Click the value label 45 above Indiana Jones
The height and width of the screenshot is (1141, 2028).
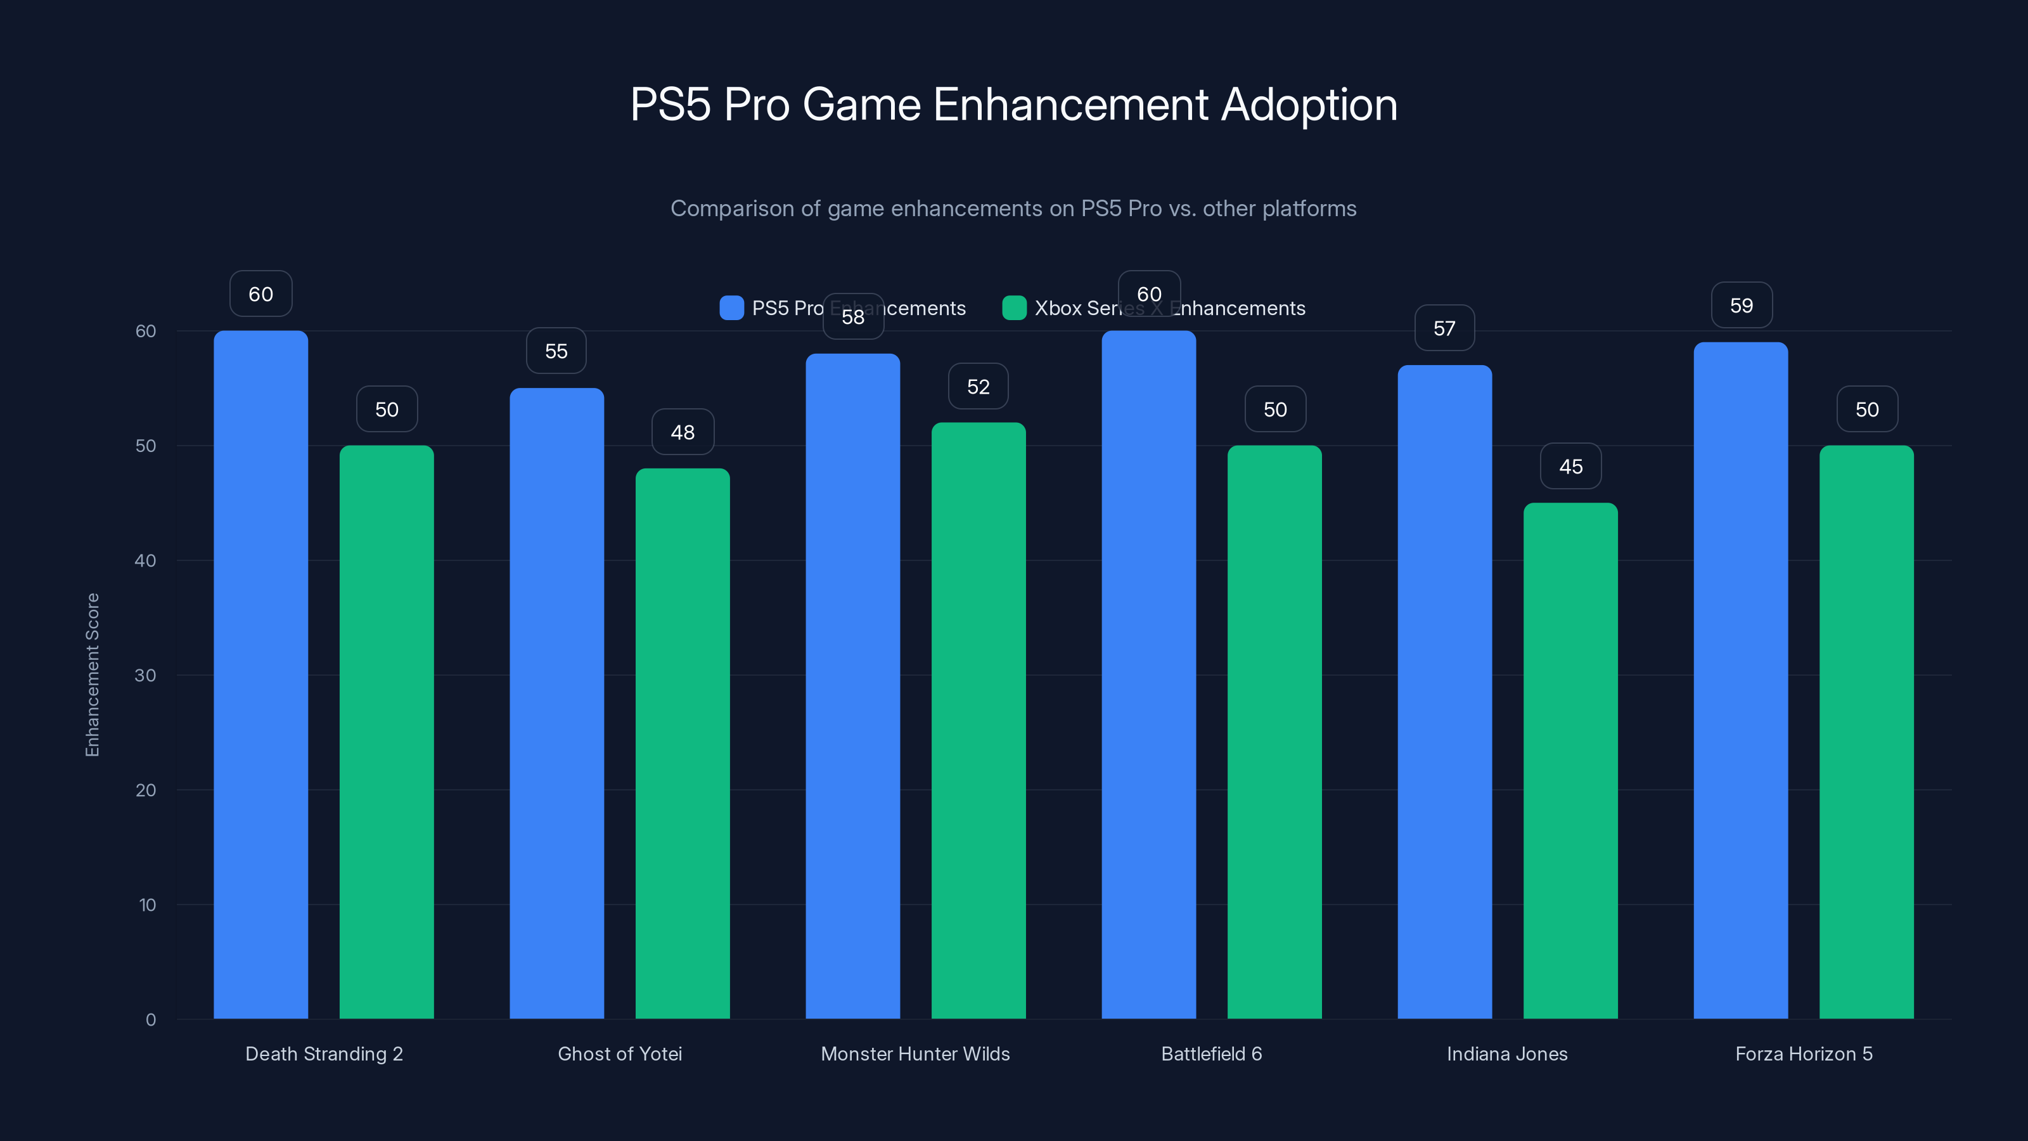[1570, 466]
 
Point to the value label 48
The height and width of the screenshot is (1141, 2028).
[683, 432]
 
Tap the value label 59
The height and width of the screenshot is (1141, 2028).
[1742, 306]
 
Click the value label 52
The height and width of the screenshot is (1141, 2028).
[978, 387]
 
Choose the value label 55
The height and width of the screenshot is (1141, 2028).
[556, 351]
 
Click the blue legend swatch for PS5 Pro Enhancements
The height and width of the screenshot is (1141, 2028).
[731, 308]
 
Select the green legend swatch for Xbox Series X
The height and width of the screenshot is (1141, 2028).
[1014, 308]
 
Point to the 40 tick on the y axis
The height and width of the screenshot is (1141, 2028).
[146, 560]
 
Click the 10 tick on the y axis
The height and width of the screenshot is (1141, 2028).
[147, 905]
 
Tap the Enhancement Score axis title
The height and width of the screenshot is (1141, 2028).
[92, 675]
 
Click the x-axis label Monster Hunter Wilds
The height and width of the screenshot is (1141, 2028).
[915, 1054]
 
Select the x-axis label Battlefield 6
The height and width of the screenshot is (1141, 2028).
[1211, 1054]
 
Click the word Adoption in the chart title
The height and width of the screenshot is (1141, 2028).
[1309, 105]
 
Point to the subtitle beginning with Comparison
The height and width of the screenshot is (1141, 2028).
[1013, 209]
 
